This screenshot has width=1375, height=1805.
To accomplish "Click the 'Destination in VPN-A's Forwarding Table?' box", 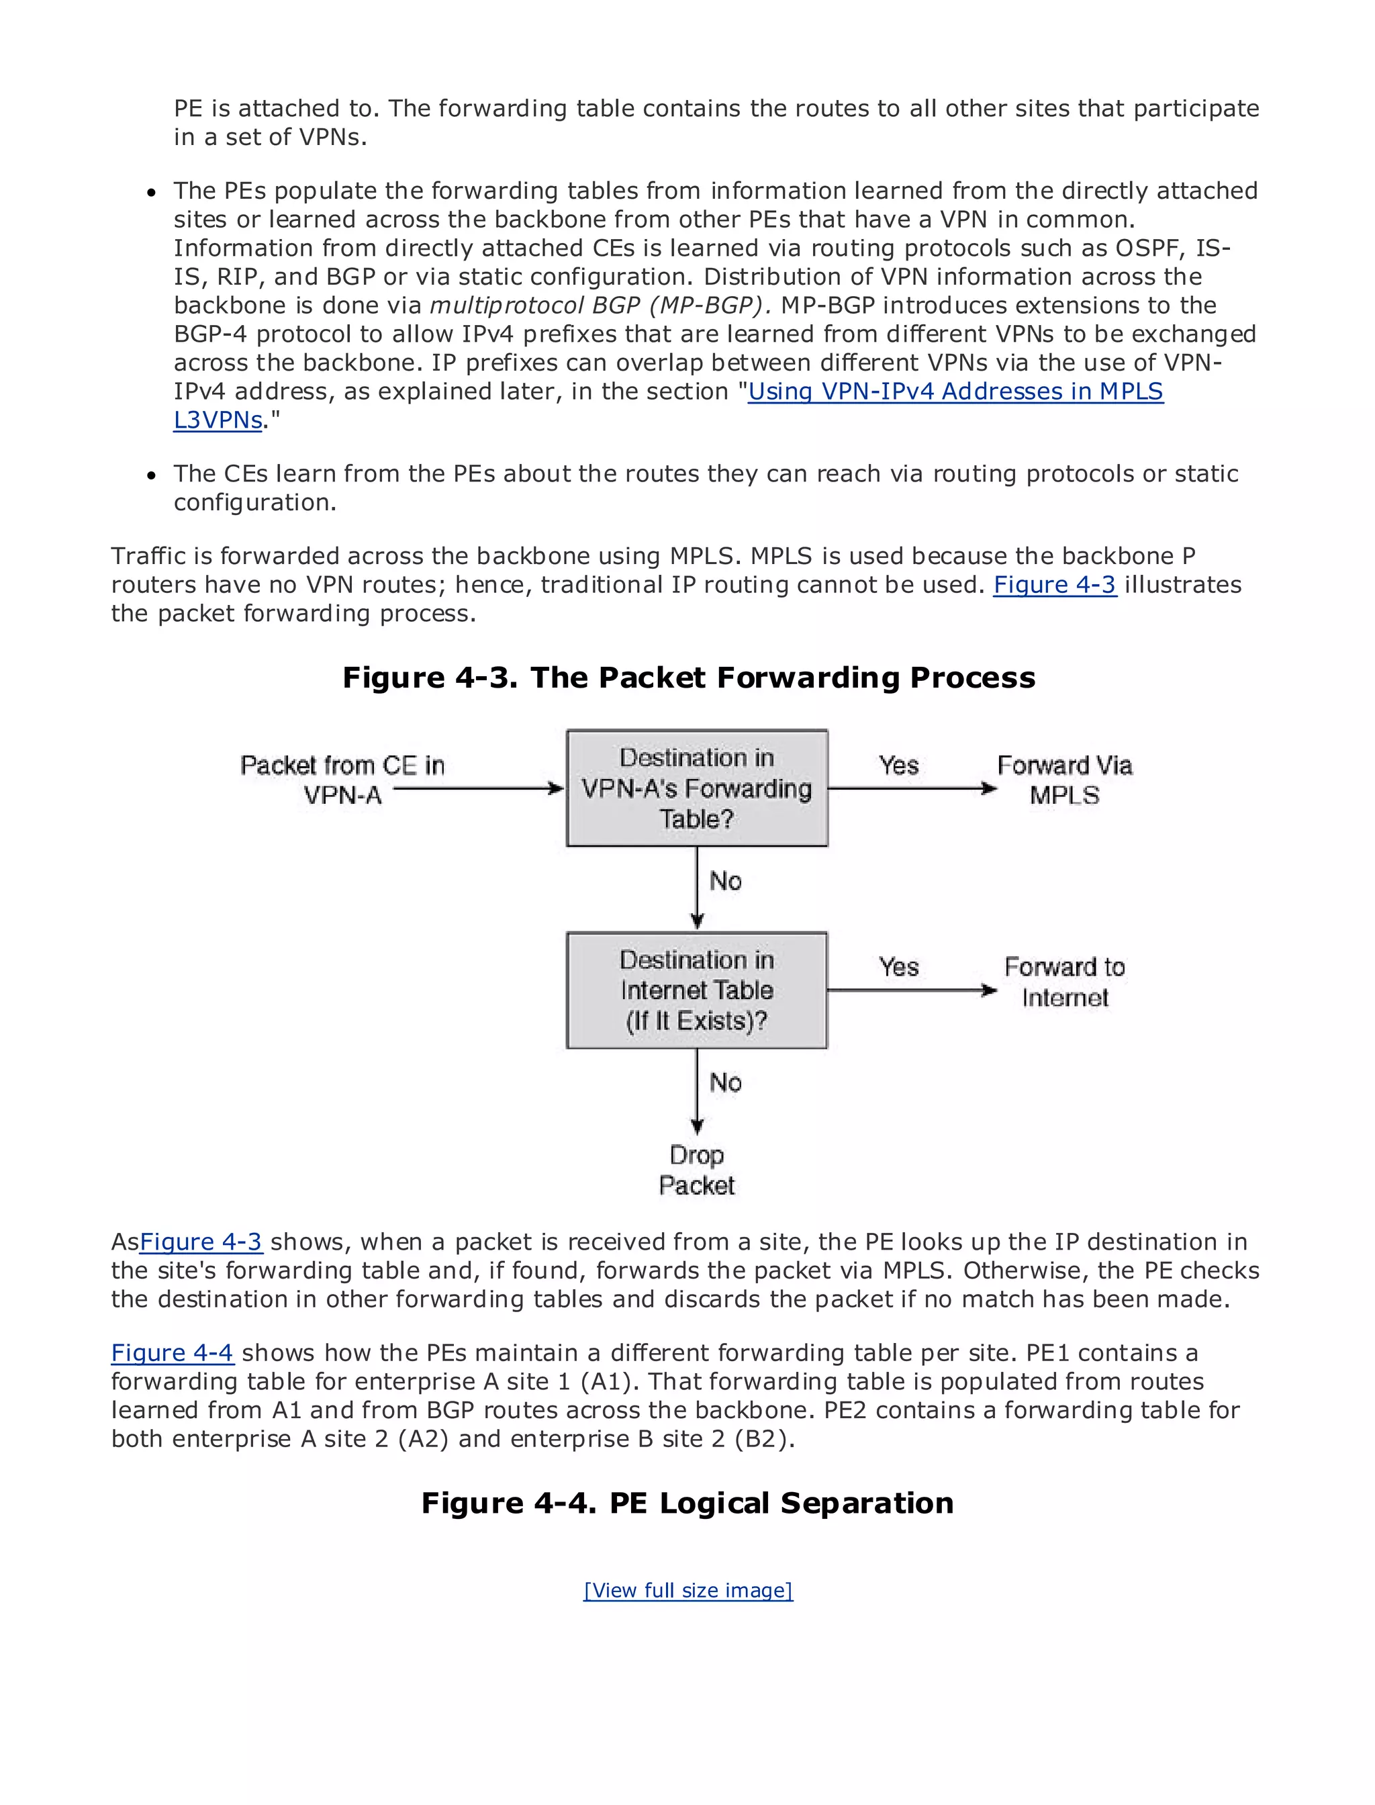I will pos(696,788).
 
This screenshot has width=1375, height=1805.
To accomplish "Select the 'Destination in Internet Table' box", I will pos(696,990).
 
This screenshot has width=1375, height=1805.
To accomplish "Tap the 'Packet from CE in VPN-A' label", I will pos(342,780).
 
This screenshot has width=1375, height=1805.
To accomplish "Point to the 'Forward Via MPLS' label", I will pos(1064,780).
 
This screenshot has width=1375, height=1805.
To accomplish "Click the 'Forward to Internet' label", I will pos(1064,982).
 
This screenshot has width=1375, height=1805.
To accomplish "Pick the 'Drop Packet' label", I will pos(696,1170).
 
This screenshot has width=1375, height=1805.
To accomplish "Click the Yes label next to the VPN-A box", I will pos(899,766).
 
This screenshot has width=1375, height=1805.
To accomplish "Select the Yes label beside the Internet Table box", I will pos(899,967).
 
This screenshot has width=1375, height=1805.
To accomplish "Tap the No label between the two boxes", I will pos(725,881).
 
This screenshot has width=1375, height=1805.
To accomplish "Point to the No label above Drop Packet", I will pos(725,1082).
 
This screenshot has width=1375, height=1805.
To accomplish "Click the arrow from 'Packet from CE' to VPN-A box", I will pos(479,788).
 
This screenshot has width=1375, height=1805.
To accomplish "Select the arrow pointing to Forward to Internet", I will pos(912,990).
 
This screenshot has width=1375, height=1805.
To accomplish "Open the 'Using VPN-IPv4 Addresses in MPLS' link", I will pos(955,391).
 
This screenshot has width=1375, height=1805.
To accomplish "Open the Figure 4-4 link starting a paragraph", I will pos(172,1352).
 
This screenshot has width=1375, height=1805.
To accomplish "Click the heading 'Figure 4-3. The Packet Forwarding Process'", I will pos(688,677).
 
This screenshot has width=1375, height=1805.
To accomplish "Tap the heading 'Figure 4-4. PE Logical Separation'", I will pos(687,1502).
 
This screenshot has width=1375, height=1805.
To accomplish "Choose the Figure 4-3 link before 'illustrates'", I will pos(1054,584).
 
